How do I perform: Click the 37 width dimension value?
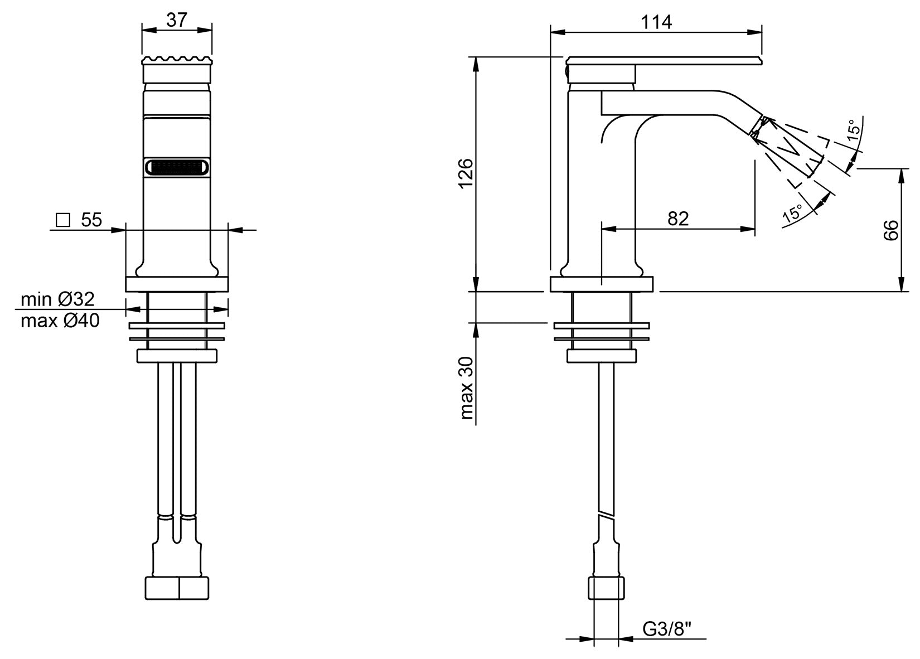[x=176, y=20]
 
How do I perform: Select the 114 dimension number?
[x=656, y=22]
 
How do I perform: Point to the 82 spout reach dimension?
[x=678, y=218]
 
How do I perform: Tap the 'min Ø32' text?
[x=57, y=299]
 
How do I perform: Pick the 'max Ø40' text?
[x=60, y=321]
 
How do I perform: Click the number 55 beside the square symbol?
[x=91, y=220]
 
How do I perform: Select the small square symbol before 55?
[x=63, y=220]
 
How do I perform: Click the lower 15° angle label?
[x=792, y=214]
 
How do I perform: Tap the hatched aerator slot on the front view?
[x=177, y=167]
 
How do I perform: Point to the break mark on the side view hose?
[x=606, y=513]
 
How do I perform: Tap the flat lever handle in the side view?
[x=664, y=60]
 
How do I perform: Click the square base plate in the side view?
[x=602, y=284]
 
